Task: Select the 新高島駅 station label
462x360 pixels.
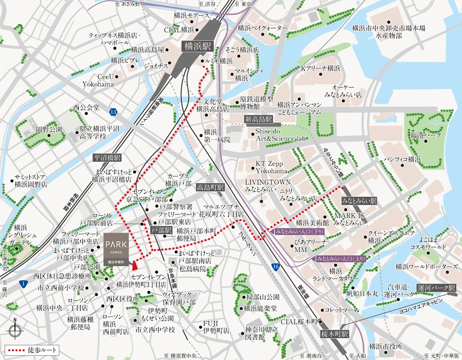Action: (259, 120)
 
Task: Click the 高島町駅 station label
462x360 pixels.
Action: (210, 187)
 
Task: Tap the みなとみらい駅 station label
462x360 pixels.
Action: (359, 201)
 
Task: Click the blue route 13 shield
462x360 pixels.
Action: (113, 112)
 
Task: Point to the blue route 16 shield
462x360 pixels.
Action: (276, 267)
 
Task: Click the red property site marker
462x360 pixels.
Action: (134, 265)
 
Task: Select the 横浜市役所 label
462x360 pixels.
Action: (386, 347)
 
